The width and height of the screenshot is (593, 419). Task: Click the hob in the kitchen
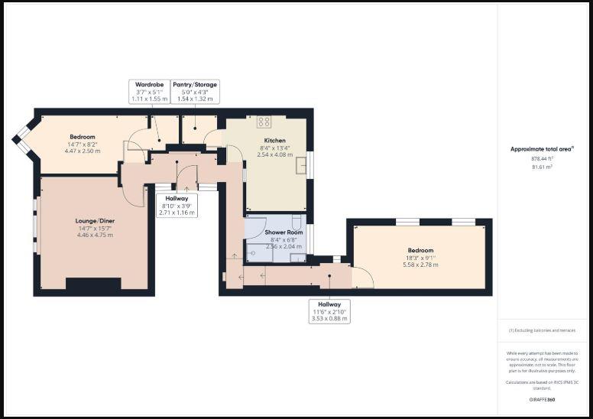[x=264, y=122]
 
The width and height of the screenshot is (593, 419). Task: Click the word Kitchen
[x=274, y=141]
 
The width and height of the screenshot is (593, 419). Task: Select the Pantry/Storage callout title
[x=195, y=84]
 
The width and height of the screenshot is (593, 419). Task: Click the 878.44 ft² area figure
[x=542, y=158]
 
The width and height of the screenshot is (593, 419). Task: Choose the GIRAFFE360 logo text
[x=542, y=399]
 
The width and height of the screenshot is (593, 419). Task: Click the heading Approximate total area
[x=542, y=149]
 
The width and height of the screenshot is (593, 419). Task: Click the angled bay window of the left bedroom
[x=23, y=139]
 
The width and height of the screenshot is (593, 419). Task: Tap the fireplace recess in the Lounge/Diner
[x=93, y=284]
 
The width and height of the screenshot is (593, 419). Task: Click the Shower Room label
[x=284, y=232]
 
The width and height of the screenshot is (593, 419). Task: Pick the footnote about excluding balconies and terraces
[x=542, y=330]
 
